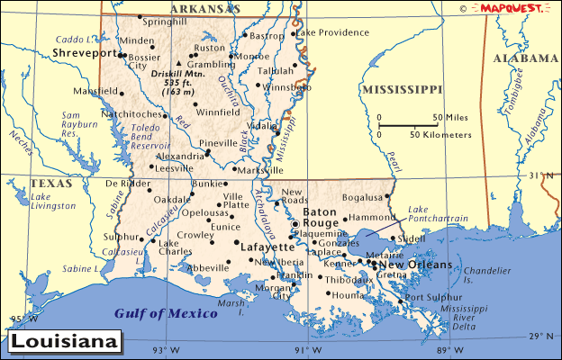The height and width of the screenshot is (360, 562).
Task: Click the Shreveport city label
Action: pos(86,54)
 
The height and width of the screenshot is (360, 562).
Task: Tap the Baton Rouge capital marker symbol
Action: pos(295,224)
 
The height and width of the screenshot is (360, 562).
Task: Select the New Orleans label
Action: pos(415,265)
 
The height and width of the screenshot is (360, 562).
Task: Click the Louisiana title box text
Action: pos(65,342)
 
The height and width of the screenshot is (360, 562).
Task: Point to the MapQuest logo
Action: pos(509,8)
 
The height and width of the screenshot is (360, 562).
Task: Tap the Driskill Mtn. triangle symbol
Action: pos(179,63)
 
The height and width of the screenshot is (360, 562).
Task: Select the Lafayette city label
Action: pos(267,246)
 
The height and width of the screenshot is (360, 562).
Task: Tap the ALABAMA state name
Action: pos(526,58)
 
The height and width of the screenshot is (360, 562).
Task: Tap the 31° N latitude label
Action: pos(540,175)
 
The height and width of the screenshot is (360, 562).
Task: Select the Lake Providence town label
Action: pos(332,32)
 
